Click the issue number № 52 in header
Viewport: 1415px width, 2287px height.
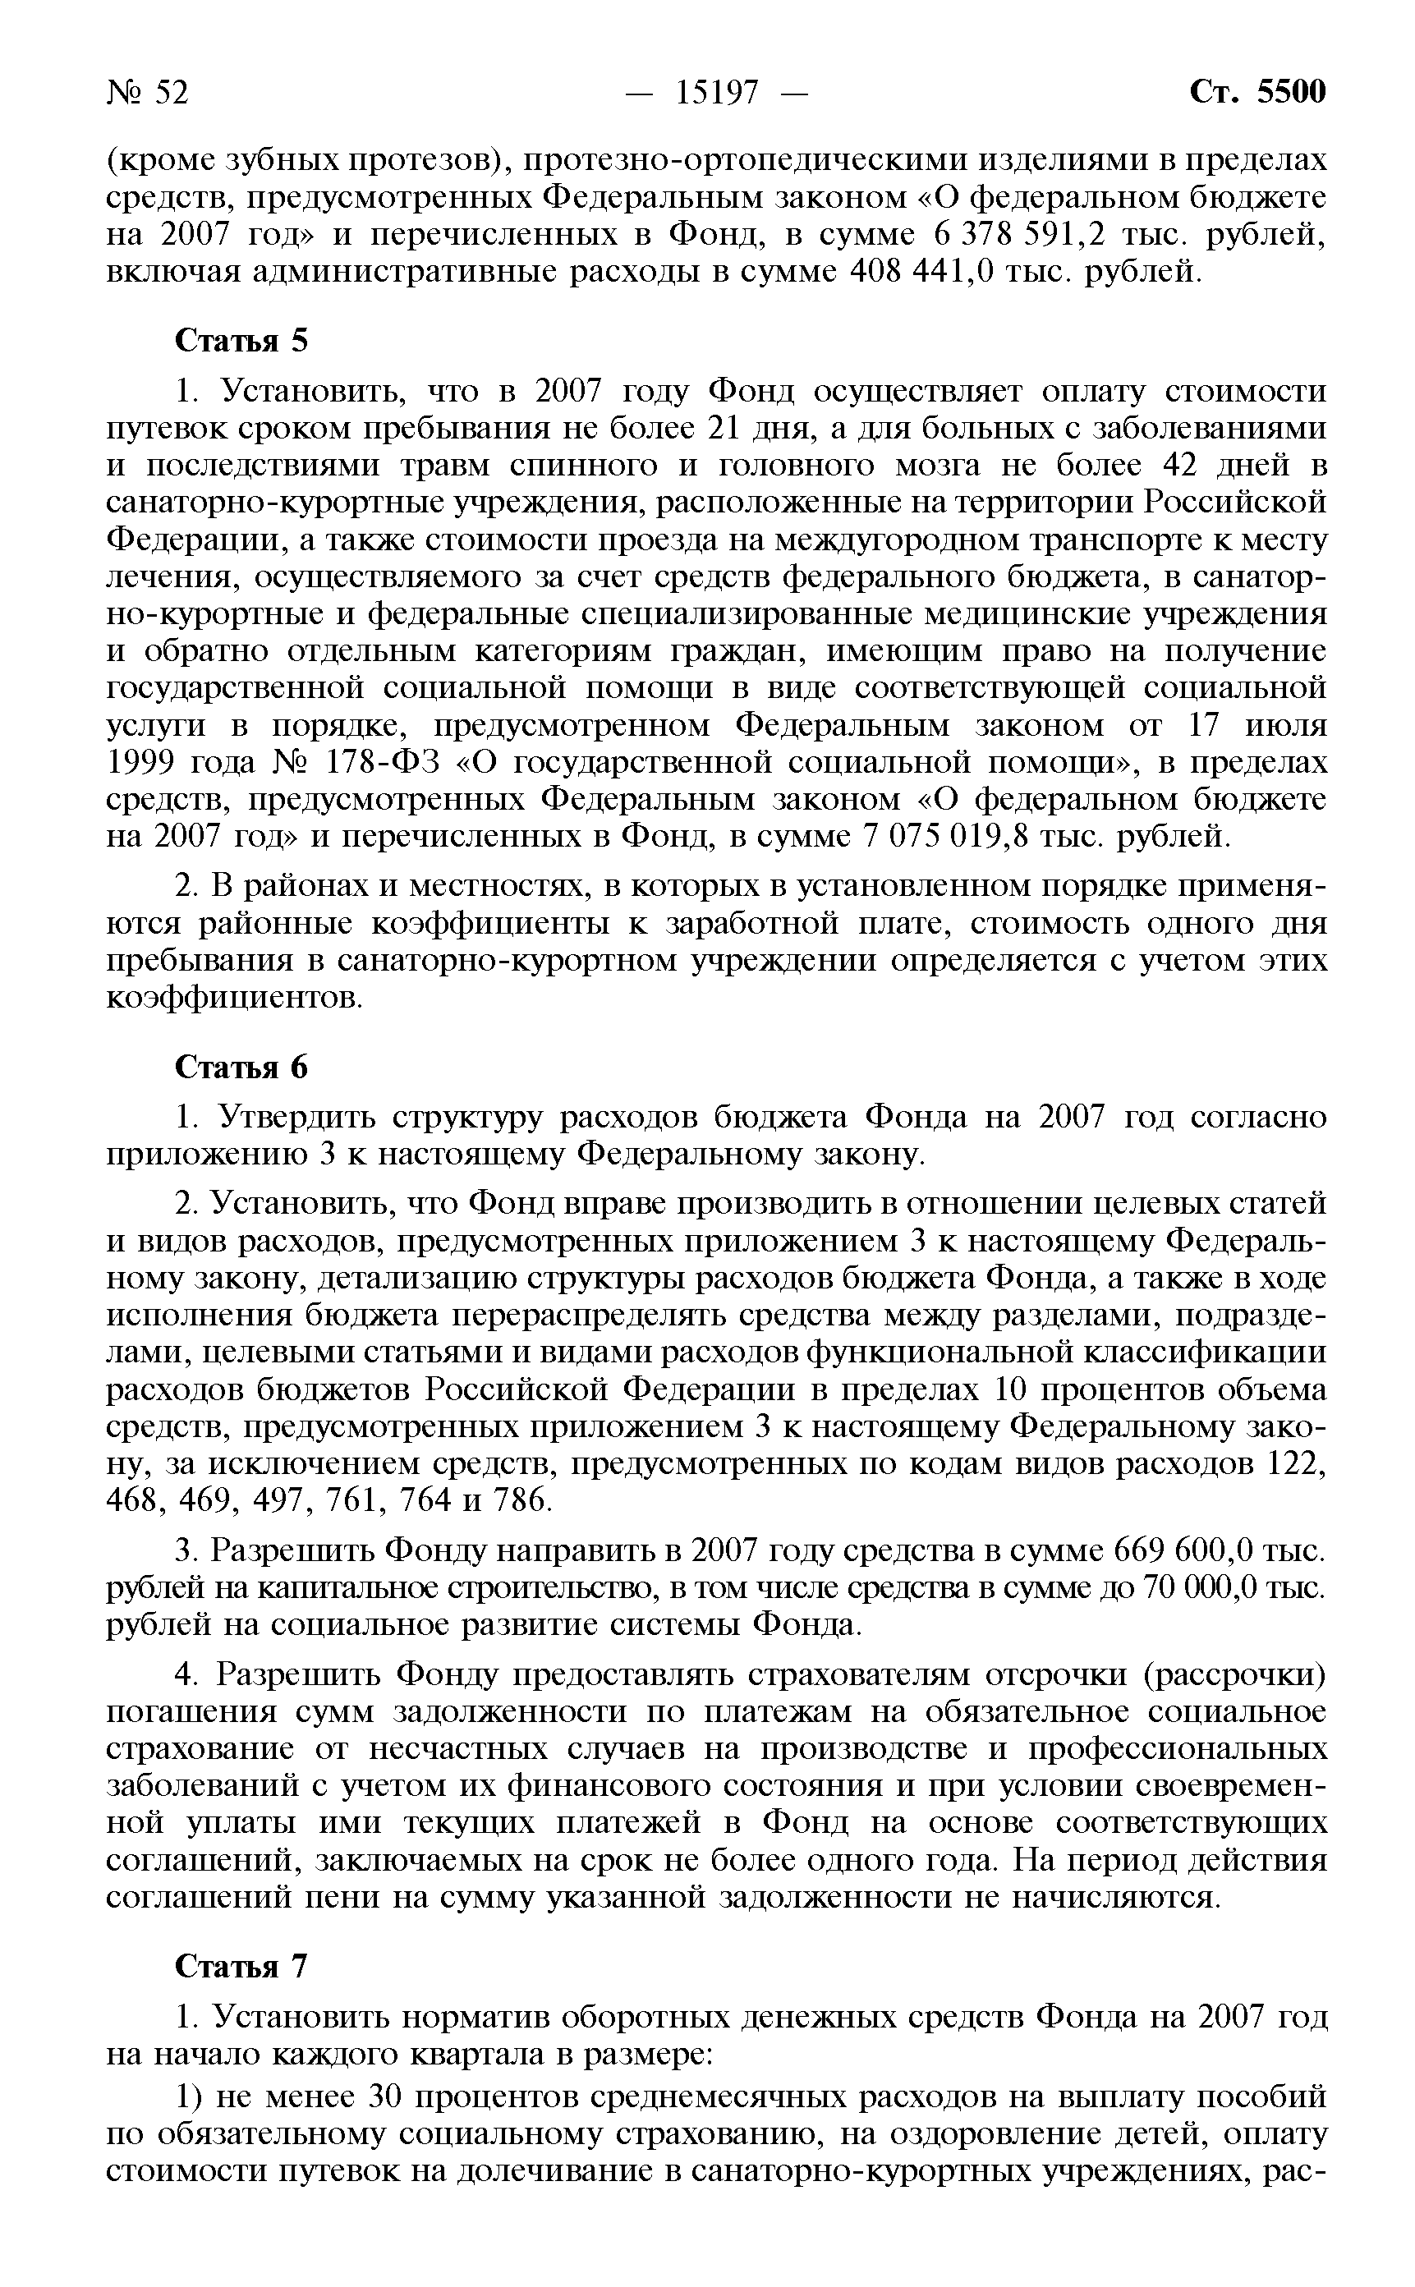coord(147,93)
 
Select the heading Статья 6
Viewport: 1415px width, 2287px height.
coord(241,1068)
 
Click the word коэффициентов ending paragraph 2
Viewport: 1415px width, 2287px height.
coord(232,999)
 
